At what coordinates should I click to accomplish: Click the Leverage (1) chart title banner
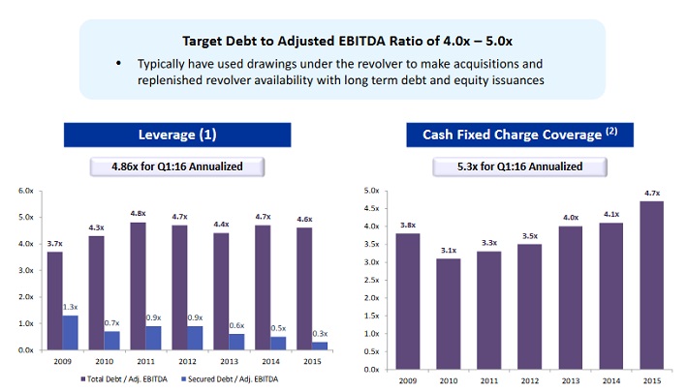[176, 134]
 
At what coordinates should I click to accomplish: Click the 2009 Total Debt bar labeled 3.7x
[55, 300]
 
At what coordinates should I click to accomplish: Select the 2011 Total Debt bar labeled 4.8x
[137, 286]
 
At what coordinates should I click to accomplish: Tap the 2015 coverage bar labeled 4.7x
[652, 285]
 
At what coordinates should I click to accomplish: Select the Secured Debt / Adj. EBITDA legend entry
[243, 377]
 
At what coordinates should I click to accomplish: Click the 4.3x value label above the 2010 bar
[96, 227]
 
